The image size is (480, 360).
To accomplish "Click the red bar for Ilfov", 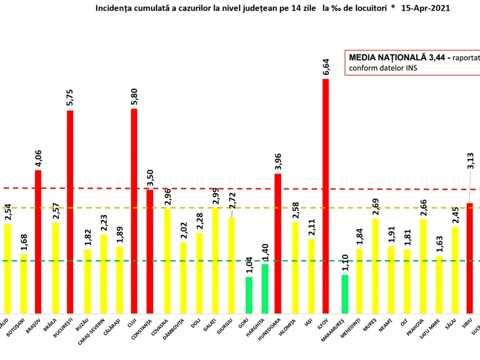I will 326,196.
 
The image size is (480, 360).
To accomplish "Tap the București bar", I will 70,212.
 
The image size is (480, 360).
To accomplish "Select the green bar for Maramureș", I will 345,294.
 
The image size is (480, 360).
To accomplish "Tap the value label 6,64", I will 326,66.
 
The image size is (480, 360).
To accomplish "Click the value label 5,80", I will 134,96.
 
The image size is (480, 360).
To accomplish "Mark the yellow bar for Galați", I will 215,260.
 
